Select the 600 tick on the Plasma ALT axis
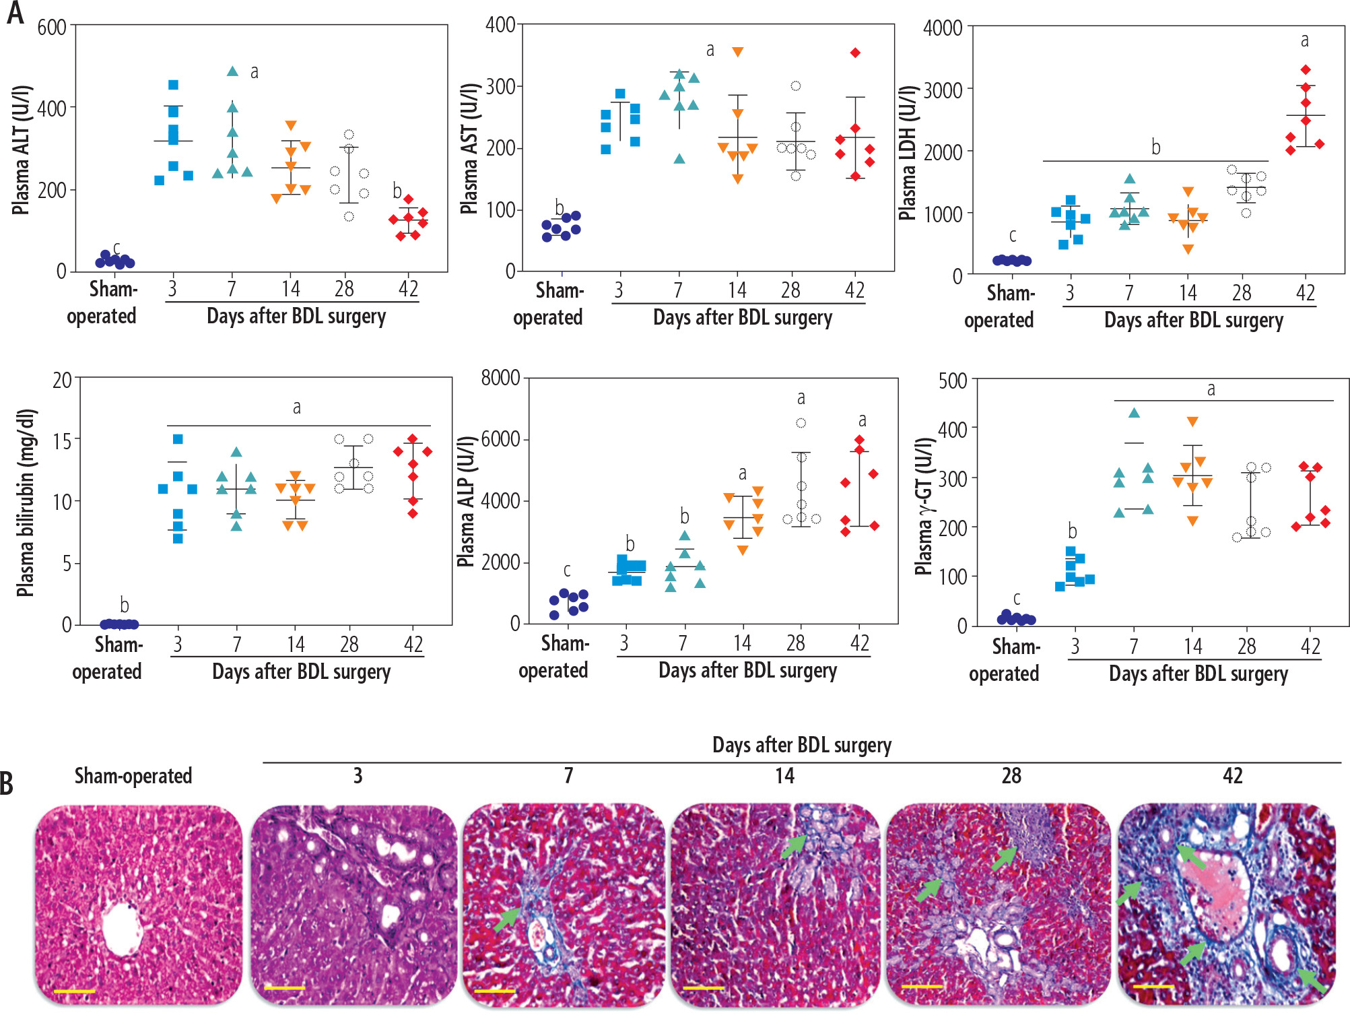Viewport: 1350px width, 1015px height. click(52, 28)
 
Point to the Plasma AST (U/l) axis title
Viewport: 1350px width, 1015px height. click(469, 148)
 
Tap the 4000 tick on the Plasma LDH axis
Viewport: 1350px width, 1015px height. click(943, 28)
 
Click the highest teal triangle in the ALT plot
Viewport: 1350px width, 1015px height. click(232, 71)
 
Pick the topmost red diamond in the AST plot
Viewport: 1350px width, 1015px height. click(855, 53)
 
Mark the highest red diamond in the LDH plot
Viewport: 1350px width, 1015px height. click(1306, 70)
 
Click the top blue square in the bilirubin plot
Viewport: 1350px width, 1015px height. click(178, 439)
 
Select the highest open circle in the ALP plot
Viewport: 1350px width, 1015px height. click(801, 423)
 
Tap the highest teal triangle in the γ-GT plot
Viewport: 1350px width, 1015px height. click(1135, 413)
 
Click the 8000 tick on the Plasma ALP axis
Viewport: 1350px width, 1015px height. click(500, 378)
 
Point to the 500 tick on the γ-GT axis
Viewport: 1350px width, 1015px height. click(953, 381)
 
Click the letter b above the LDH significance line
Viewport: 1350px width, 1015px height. click(1156, 147)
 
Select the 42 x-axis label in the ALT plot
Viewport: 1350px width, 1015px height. click(409, 289)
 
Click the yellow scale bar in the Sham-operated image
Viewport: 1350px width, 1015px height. click(74, 991)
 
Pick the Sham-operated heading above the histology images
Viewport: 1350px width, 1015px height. click(133, 776)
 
